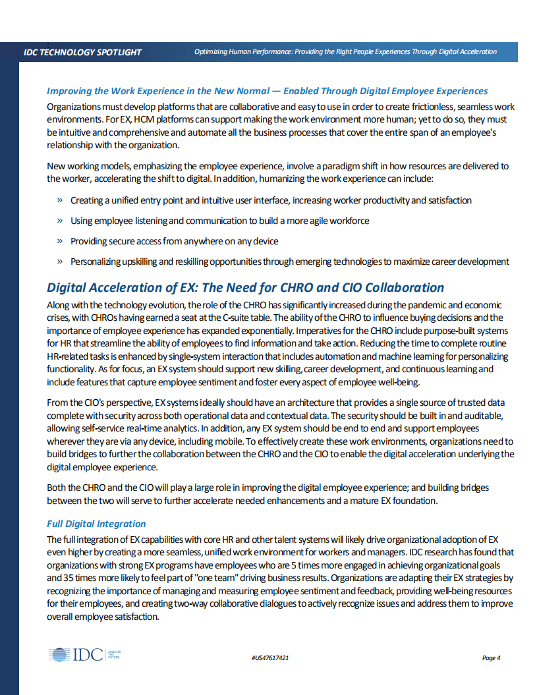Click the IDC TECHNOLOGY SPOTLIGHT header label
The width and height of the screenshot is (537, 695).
tap(82, 52)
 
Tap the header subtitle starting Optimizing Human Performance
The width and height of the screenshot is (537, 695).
tap(345, 52)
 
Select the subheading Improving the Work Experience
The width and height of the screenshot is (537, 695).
tap(267, 91)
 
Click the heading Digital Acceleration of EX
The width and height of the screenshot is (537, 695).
tap(245, 287)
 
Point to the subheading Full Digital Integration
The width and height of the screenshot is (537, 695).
tap(96, 524)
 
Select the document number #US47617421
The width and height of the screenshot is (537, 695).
tap(271, 658)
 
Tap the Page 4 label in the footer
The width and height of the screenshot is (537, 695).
tap(491, 658)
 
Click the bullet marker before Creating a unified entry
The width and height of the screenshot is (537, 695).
tap(60, 200)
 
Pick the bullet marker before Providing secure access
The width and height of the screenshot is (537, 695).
tap(60, 241)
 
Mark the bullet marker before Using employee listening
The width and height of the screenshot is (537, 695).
tap(60, 221)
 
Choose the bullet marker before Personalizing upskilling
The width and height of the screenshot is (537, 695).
tap(60, 262)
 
